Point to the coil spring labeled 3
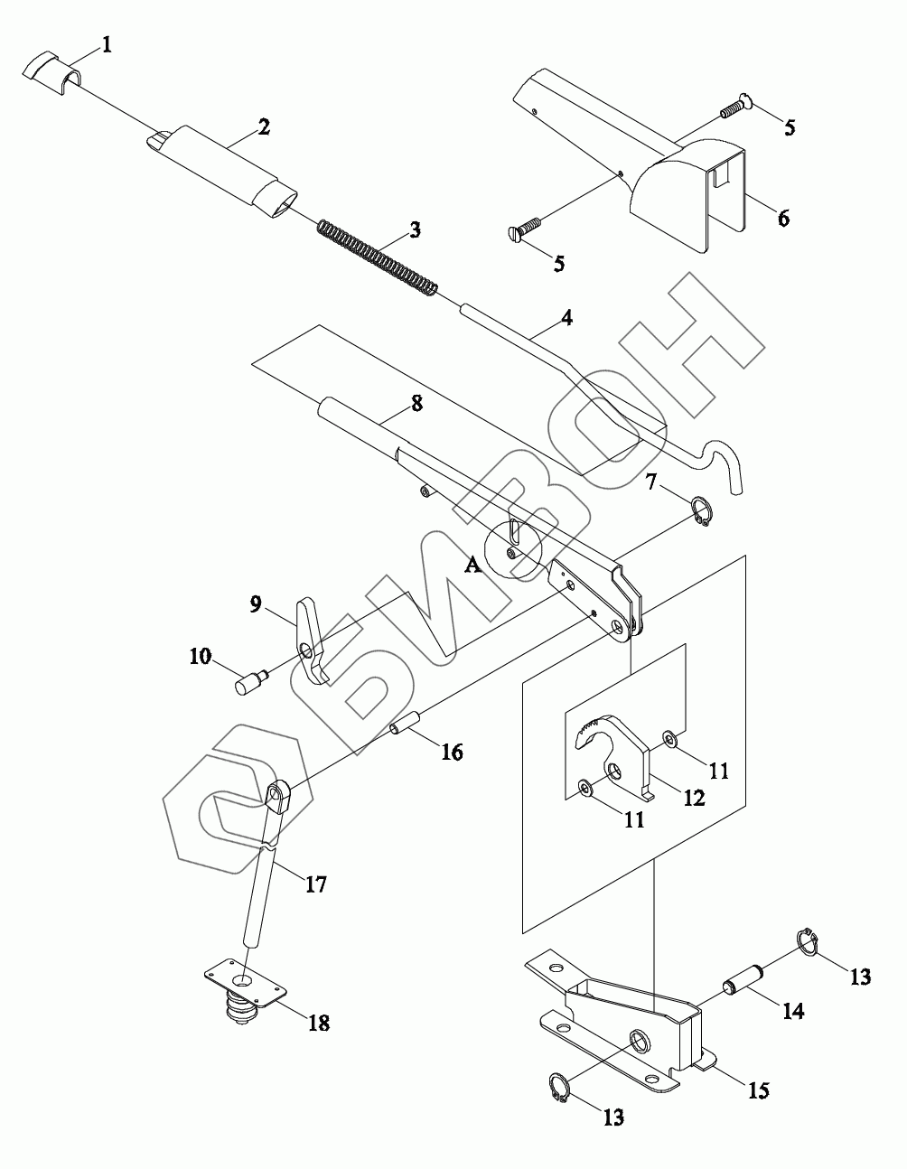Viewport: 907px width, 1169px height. tap(379, 257)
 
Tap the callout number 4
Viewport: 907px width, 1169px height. tap(566, 317)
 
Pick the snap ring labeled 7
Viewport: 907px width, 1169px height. tap(702, 510)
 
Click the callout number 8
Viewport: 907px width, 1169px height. tap(416, 404)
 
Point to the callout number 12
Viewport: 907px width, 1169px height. tap(694, 799)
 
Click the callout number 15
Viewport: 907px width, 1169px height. tap(757, 1090)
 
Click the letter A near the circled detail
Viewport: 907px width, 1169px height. tap(472, 566)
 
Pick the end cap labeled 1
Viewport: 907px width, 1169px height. tap(52, 69)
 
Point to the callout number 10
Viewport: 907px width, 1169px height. tap(201, 656)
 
